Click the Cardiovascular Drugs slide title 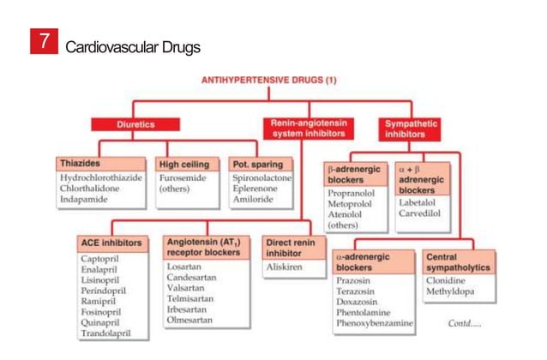(133, 45)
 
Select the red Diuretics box (135, 124)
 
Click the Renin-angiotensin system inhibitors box (309, 129)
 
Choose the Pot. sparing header (260, 163)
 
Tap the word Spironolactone (262, 177)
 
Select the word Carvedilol (421, 213)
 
